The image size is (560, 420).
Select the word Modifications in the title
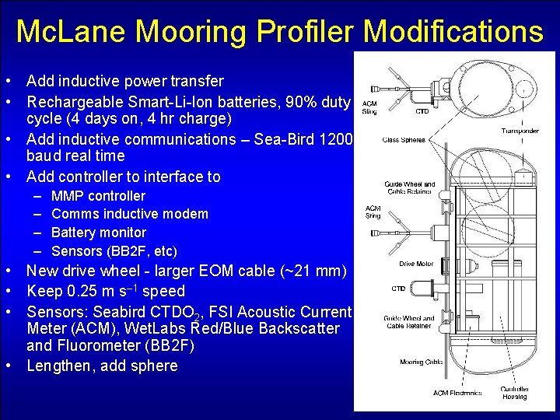pos(453,32)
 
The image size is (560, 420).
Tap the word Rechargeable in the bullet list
pos(79,100)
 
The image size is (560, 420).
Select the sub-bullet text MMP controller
pos(98,196)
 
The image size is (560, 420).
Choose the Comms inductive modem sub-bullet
pos(130,214)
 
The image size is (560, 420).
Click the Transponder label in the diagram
pos(520,131)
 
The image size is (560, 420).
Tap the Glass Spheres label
pos(404,141)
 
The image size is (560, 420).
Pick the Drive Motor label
pos(416,264)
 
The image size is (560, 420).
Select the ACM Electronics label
pos(457,393)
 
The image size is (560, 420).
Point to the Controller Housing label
pos(514,393)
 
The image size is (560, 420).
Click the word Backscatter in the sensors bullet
pos(295,328)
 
